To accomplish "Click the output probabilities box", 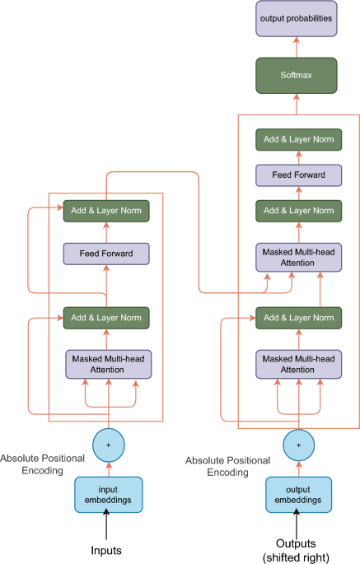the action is pos(297,19).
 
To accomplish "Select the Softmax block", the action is pos(297,76).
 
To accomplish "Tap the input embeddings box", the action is pos(109,495).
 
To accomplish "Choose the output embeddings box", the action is pos(298,495).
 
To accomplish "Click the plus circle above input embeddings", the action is pos(109,445).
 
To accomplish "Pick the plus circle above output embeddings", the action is pos(298,445).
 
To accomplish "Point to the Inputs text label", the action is pos(106,550).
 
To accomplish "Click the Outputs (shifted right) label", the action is pos(296,550).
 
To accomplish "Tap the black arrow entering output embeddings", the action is pos(297,524).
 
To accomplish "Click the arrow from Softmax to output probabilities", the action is pos(297,47).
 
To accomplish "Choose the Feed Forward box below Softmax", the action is pos(298,175).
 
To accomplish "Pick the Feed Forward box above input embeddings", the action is pos(106,254).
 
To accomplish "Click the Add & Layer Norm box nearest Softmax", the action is pos(298,140).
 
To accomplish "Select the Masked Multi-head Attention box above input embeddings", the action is pos(109,364).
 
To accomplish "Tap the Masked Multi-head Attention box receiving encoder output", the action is pos(298,257).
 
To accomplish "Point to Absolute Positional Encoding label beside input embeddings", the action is pos(43,464).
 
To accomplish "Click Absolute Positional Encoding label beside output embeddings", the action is pos(228,466).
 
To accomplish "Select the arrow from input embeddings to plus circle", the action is pos(109,469).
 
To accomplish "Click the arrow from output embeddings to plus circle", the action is pos(298,469).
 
